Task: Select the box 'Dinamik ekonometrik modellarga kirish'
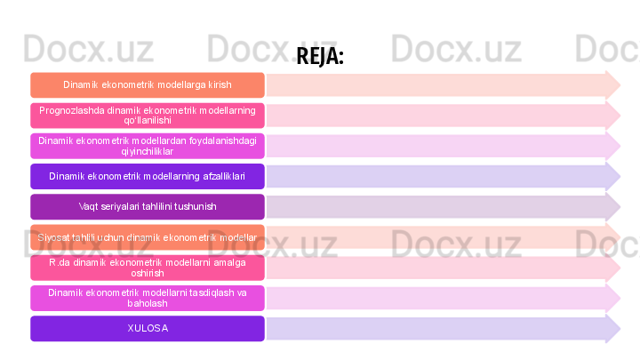148,85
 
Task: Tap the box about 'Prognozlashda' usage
148,116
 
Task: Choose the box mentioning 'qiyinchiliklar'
148,146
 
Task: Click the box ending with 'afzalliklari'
148,176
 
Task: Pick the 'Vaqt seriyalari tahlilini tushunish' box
148,207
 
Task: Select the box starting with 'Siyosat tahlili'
148,237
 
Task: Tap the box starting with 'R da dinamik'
148,268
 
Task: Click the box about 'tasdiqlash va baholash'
148,298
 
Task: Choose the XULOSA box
148,328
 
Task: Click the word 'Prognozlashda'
71,110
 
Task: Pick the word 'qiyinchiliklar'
148,151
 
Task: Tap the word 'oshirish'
148,273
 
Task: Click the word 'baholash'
148,303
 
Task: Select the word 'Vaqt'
88,207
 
